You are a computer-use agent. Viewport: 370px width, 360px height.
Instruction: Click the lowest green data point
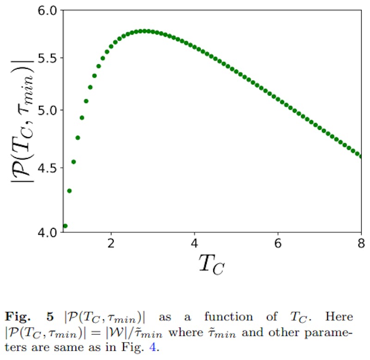pos(65,226)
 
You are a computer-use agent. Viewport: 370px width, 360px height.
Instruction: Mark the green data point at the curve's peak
pos(145,31)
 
